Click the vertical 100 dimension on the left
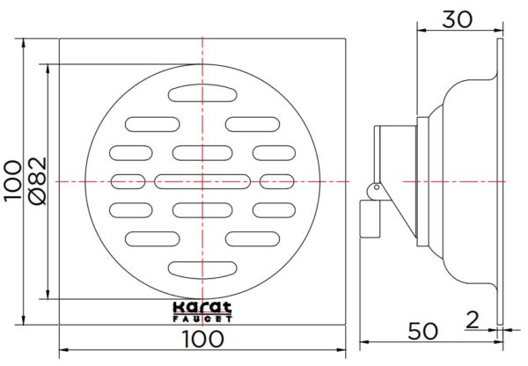12,181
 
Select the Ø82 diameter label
36,181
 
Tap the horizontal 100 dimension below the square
202,336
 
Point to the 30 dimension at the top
457,18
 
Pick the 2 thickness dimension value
473,320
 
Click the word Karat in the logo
202,308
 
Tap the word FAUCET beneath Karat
202,317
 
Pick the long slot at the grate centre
202,181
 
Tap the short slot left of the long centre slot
122,181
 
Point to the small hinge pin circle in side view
372,187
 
